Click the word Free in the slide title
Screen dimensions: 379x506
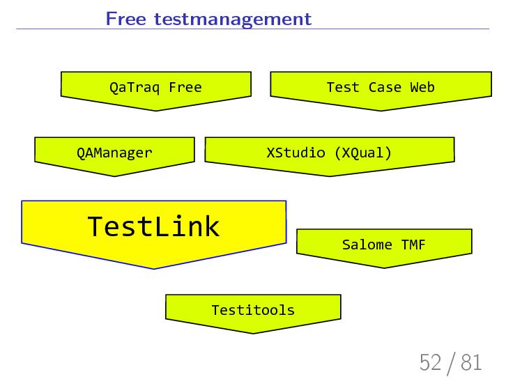pyautogui.click(x=123, y=19)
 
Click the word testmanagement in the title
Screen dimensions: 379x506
pyautogui.click(x=228, y=20)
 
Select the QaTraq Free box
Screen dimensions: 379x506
pyautogui.click(x=155, y=88)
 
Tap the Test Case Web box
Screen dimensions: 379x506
pyautogui.click(x=380, y=88)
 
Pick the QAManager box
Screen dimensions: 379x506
pyautogui.click(x=114, y=153)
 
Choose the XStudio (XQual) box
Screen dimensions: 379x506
pyautogui.click(x=329, y=153)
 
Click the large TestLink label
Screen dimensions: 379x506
pyautogui.click(x=153, y=226)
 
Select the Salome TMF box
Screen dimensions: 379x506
pyautogui.click(x=383, y=245)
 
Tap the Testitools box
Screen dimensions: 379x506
pyautogui.click(x=253, y=310)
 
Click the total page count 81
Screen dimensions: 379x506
pyautogui.click(x=471, y=362)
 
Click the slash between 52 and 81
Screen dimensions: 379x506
pyautogui.click(x=452, y=363)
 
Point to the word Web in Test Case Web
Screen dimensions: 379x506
pyautogui.click(x=422, y=88)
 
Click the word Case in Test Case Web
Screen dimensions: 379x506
pyautogui.click(x=385, y=88)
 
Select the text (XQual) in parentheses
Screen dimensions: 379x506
pyautogui.click(x=362, y=153)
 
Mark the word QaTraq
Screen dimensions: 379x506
pyautogui.click(x=135, y=88)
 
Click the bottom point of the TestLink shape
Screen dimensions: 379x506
pyautogui.click(x=153, y=268)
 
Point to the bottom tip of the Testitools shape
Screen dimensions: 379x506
pyautogui.click(x=253, y=332)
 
